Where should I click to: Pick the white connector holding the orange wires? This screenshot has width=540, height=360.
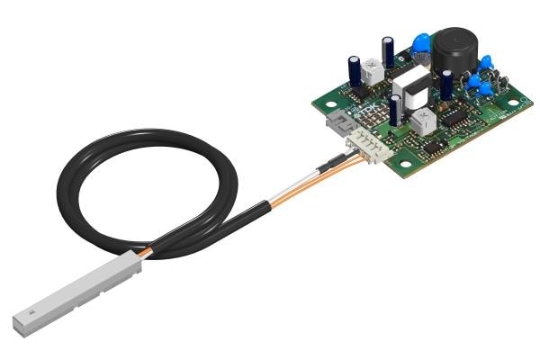coord(369,144)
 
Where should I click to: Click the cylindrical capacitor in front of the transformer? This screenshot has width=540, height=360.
coord(396,110)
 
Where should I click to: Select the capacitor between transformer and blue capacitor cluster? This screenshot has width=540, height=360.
coord(446,85)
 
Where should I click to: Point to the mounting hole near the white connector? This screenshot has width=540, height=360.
coord(405,165)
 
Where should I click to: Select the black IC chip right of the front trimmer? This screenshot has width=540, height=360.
coord(455,117)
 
